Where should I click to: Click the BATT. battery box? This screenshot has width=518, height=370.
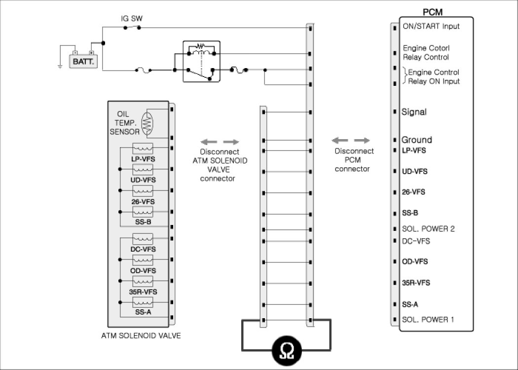tap(83, 62)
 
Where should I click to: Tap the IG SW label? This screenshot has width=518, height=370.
tap(132, 19)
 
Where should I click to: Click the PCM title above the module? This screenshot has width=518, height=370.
tap(433, 12)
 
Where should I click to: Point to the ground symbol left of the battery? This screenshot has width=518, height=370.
tap(60, 67)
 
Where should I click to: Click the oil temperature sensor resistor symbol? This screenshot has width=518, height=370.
tap(147, 123)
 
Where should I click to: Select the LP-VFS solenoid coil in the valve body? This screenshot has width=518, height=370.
tap(143, 148)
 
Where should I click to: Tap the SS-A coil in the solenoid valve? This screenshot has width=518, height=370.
tap(143, 302)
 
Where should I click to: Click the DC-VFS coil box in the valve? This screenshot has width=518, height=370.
tap(143, 239)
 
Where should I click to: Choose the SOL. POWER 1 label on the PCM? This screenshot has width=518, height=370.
tap(428, 320)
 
